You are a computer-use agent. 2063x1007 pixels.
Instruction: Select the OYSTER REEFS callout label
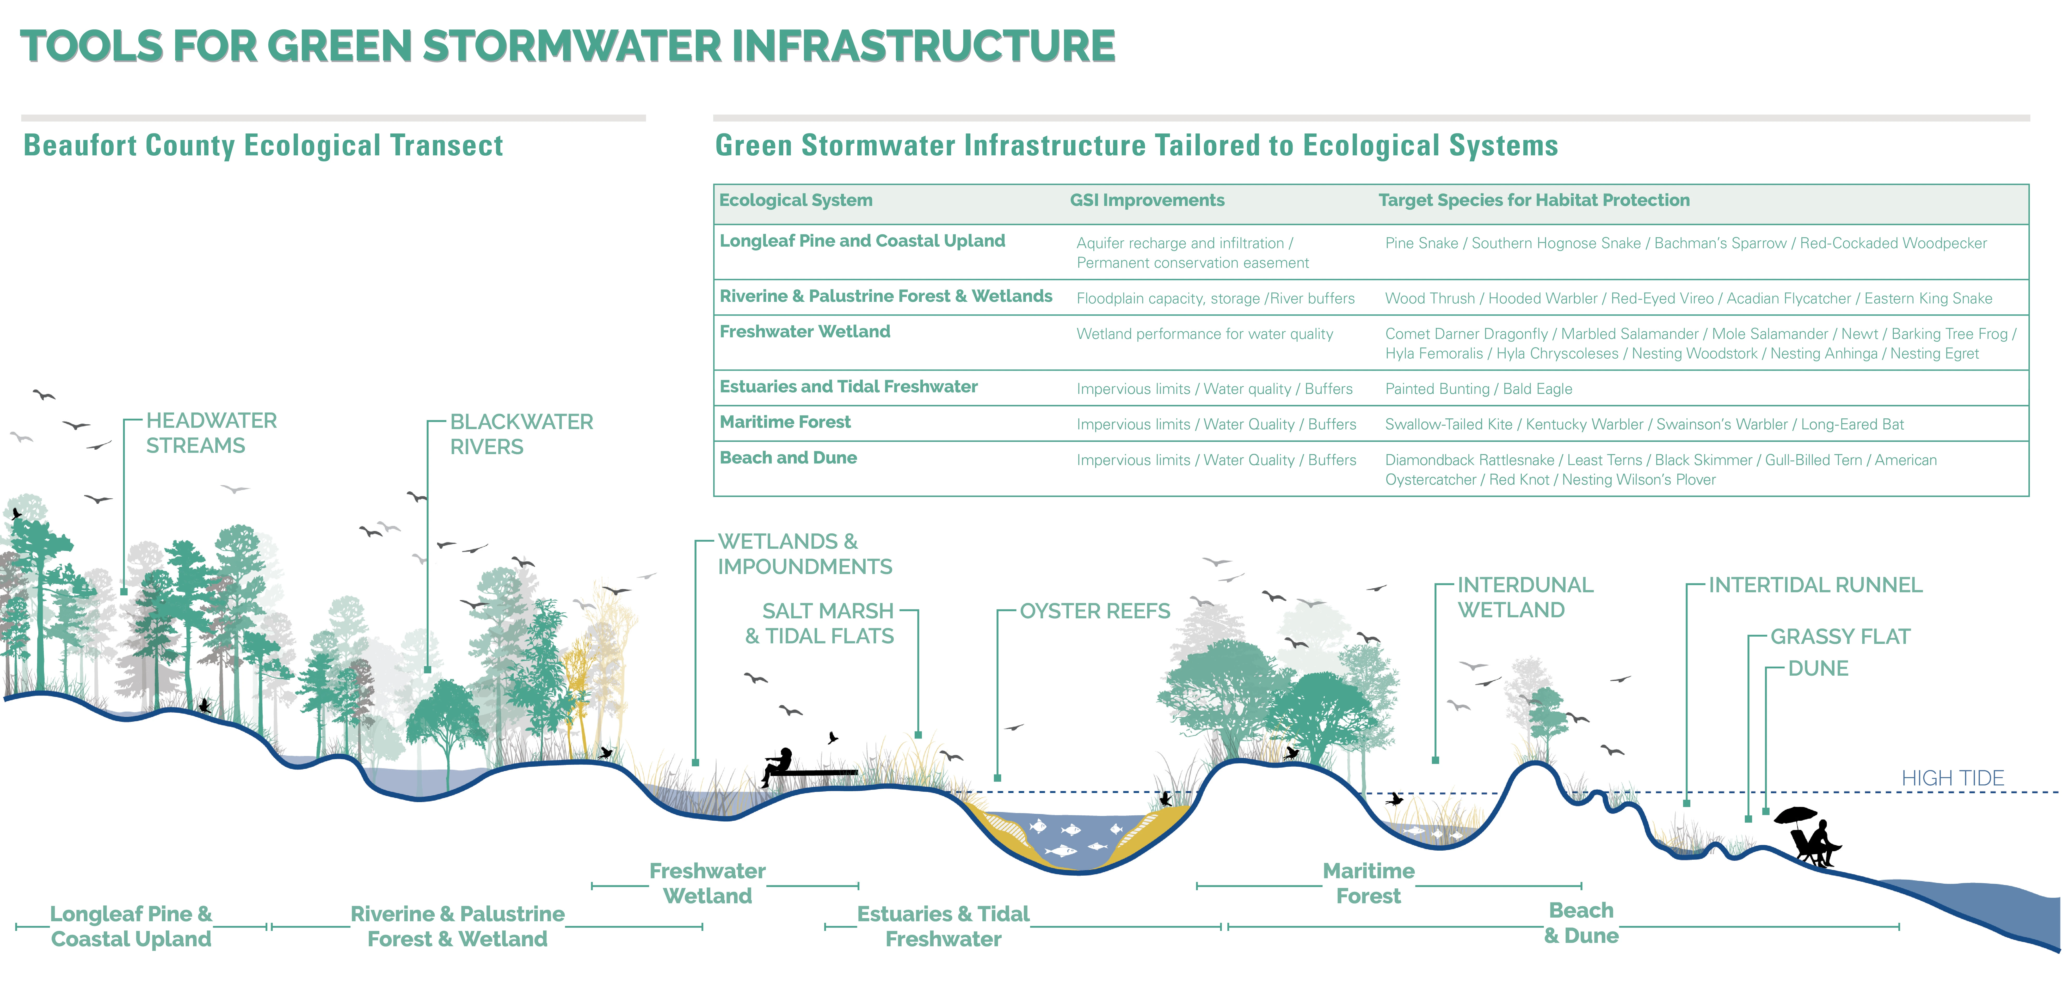[x=1095, y=611]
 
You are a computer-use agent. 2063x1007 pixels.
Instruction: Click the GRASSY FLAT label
[x=1840, y=637]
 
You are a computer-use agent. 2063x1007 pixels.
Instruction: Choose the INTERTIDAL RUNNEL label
[x=1815, y=585]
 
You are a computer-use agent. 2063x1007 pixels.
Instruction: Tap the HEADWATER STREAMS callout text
[x=211, y=433]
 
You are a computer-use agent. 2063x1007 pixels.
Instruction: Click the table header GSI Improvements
[x=1147, y=200]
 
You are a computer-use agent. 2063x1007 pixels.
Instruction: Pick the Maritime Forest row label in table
[x=785, y=422]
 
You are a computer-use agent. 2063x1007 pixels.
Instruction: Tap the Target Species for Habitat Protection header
[x=1534, y=200]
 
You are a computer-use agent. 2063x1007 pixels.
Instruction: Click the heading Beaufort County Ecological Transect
[x=263, y=146]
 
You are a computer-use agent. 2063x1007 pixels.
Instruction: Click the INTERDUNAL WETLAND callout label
[x=1525, y=598]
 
